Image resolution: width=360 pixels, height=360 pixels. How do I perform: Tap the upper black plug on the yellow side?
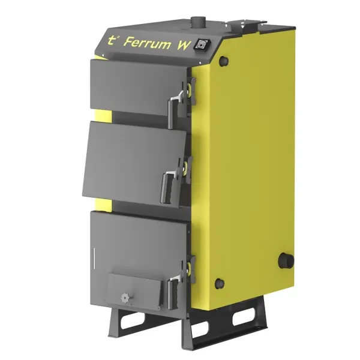pos(225,61)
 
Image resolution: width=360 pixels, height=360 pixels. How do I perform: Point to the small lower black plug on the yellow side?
pos(221,281)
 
